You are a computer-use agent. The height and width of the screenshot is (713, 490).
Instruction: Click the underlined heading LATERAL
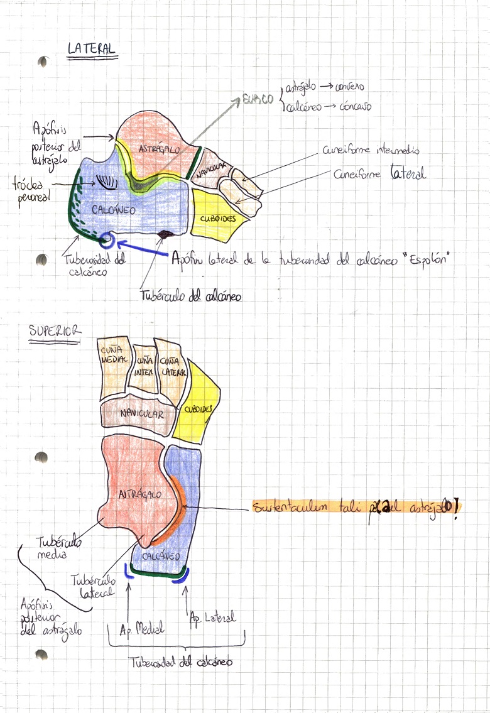point(91,49)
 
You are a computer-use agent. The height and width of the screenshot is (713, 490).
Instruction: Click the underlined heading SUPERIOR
point(54,331)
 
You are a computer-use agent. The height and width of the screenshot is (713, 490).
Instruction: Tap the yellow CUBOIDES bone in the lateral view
point(217,216)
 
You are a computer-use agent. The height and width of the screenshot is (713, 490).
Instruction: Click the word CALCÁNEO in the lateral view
point(113,209)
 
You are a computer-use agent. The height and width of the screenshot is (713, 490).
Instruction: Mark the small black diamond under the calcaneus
point(165,235)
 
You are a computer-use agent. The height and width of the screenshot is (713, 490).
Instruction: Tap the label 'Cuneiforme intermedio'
point(371,151)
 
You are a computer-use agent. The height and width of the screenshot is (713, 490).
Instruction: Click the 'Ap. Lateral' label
point(212,618)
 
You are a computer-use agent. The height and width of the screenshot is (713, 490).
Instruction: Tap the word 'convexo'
point(349,87)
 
